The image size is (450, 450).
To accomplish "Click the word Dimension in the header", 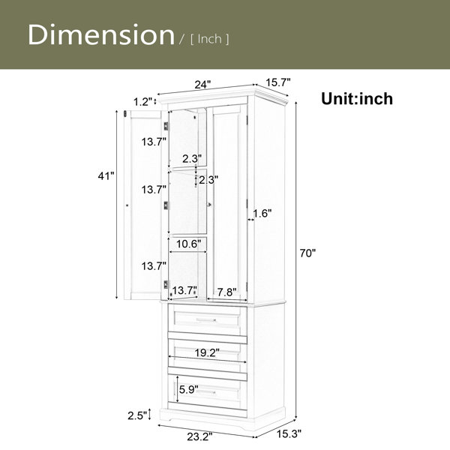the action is [x=101, y=34].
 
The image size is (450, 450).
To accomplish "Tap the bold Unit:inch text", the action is [x=357, y=99].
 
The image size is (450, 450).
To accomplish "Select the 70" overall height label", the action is [x=307, y=253].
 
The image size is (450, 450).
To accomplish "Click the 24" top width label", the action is [x=202, y=85].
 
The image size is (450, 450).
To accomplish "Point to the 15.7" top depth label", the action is [x=278, y=82].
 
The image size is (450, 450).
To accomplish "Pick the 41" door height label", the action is [x=106, y=176].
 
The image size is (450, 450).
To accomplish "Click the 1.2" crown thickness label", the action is [x=142, y=101].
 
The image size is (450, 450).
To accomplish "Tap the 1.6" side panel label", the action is [x=262, y=214].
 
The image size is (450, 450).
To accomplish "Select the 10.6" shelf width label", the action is [x=188, y=244].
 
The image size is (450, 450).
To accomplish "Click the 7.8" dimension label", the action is [x=226, y=292].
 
